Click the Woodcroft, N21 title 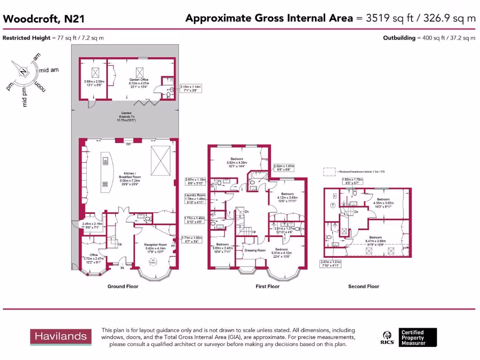click(x=37, y=19)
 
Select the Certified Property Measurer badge click(x=419, y=337)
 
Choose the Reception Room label click(x=156, y=247)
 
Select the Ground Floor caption click(x=123, y=286)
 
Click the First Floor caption click(x=267, y=286)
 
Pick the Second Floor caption click(x=364, y=286)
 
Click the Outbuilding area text click(x=429, y=38)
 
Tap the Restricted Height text click(x=53, y=38)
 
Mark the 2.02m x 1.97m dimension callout click(x=284, y=167)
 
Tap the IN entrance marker click(x=122, y=268)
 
